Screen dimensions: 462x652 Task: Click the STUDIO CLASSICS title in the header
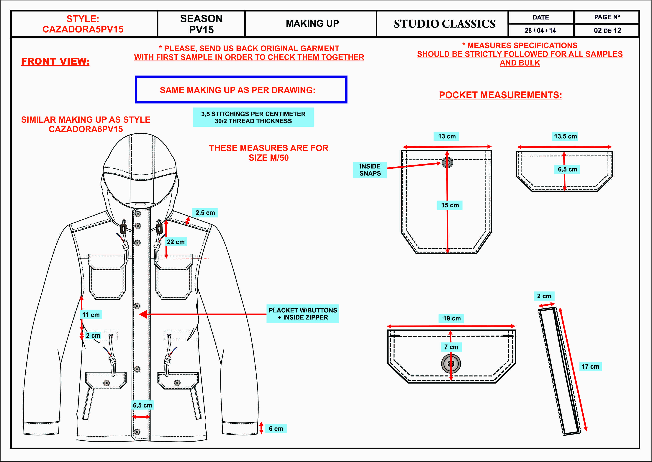[x=444, y=24]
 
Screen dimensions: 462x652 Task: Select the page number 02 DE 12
[x=607, y=30]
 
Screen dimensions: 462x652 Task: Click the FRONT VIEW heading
[x=55, y=61]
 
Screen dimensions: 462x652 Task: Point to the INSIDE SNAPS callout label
[x=370, y=170]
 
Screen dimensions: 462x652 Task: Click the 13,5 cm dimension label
[x=565, y=136]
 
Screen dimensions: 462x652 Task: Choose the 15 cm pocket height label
[x=450, y=205]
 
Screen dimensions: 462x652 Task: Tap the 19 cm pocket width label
[x=452, y=318]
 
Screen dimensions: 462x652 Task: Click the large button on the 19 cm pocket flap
[x=451, y=363]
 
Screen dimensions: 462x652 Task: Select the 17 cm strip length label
[x=590, y=366]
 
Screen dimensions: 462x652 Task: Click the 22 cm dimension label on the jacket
[x=176, y=242]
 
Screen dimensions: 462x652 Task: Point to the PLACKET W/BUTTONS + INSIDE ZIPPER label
[x=303, y=314]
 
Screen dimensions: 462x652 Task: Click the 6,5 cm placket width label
[x=142, y=405]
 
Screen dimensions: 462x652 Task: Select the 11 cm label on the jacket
[x=91, y=315]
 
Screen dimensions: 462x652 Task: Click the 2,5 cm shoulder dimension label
[x=205, y=213]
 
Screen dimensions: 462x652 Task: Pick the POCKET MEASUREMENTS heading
[x=500, y=95]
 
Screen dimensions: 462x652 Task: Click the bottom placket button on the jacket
[x=137, y=432]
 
